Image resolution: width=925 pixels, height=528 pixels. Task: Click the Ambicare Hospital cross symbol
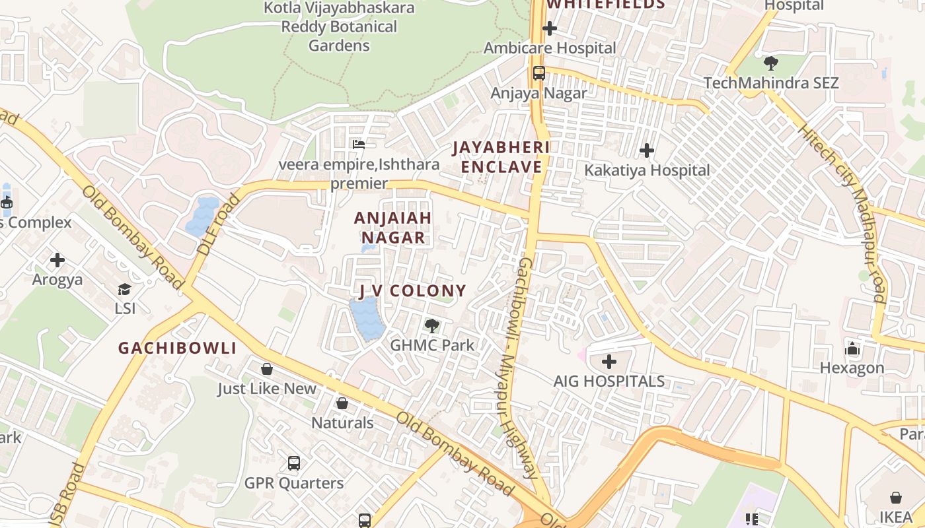(549, 28)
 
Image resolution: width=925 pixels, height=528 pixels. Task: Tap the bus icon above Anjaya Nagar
(539, 73)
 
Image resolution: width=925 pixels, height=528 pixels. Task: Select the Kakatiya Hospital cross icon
(647, 150)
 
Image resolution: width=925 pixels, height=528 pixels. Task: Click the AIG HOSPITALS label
(609, 381)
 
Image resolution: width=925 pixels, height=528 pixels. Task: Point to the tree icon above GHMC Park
(432, 325)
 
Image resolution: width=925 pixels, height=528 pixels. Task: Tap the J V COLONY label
(412, 290)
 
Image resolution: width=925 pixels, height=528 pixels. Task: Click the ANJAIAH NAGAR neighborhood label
(392, 227)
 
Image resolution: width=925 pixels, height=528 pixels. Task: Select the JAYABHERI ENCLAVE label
(501, 157)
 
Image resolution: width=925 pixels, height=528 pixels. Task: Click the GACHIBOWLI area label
(177, 348)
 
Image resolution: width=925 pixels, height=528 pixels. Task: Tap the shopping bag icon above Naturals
(342, 403)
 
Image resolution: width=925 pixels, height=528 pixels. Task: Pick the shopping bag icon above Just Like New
(267, 369)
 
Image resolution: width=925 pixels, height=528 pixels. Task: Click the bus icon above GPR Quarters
(294, 463)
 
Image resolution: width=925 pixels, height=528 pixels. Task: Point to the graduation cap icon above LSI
(124, 289)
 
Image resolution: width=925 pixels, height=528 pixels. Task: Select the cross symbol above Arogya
(57, 260)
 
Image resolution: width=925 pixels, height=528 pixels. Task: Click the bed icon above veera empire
(359, 144)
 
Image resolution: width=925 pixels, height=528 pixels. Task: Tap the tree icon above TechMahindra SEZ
(770, 63)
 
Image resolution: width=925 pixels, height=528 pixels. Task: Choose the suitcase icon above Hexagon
(852, 348)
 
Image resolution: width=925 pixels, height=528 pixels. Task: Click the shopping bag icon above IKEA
(896, 497)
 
